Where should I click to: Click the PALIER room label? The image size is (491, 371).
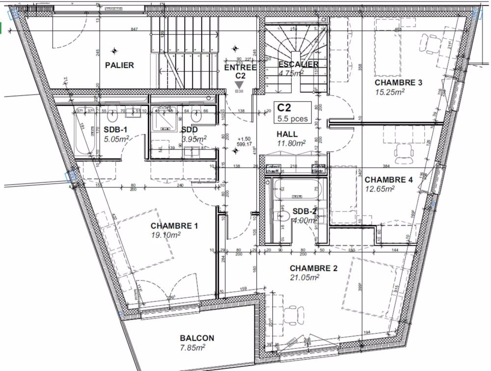tap(119, 65)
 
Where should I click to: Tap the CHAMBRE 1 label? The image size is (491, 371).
tap(174, 226)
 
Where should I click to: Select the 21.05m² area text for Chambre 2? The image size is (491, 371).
tap(304, 278)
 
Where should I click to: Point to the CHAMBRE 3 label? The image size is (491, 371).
tap(398, 83)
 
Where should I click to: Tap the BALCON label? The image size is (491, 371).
tap(197, 338)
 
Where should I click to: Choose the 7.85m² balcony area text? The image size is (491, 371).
tap(192, 347)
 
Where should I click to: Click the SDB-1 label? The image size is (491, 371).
tap(116, 129)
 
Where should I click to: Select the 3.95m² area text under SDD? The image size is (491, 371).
tap(194, 139)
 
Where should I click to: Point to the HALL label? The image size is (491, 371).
tap(287, 134)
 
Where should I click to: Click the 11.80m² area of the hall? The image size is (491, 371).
tap(291, 143)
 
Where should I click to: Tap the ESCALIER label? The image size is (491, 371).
tap(298, 64)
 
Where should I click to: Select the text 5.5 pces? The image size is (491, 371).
tap(293, 118)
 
